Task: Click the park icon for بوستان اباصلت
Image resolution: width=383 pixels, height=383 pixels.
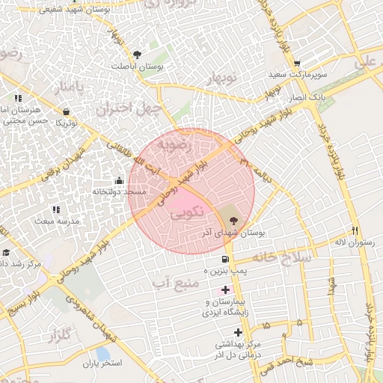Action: (x=136, y=54)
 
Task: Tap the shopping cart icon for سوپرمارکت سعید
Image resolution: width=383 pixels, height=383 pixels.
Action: (x=298, y=63)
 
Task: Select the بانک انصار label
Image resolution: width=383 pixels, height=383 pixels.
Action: (x=306, y=99)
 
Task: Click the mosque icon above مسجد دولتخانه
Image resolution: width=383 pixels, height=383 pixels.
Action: (x=119, y=180)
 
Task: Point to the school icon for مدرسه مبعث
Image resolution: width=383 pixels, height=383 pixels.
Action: (x=54, y=210)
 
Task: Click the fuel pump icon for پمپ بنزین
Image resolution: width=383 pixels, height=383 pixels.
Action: (x=225, y=259)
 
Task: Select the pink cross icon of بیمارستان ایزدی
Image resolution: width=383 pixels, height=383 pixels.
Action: (x=225, y=289)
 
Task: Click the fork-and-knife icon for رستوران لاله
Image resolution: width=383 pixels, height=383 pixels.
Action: (x=355, y=230)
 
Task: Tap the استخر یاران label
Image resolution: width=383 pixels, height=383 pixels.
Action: (x=102, y=363)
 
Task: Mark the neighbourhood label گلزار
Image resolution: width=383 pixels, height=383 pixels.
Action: (x=63, y=337)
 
